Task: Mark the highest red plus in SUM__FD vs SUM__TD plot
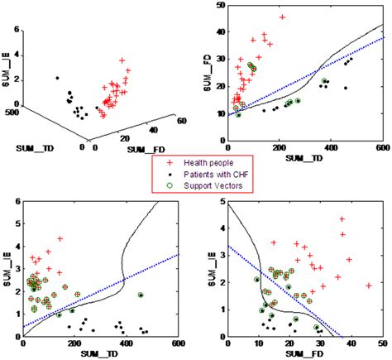(x=282, y=17)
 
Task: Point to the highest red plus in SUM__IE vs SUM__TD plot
(x=60, y=239)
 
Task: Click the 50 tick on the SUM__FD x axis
(x=380, y=344)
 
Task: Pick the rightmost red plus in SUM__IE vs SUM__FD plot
(x=368, y=286)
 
